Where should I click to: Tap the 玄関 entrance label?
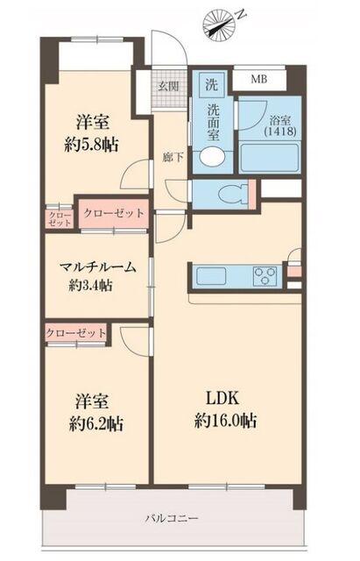(168, 85)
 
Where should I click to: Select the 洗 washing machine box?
(212, 84)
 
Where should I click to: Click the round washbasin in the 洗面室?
(210, 157)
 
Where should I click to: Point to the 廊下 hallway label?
(173, 159)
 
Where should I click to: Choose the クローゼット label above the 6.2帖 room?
(76, 333)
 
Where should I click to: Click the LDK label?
(224, 396)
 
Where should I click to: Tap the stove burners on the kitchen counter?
(264, 277)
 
